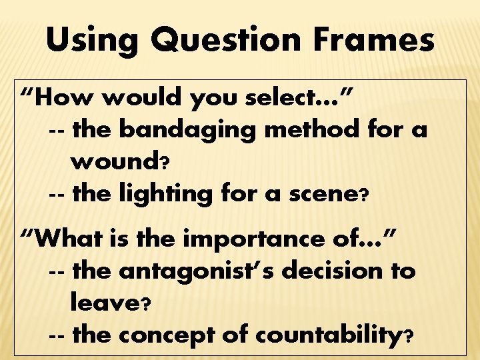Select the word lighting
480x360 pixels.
click(x=153, y=195)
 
